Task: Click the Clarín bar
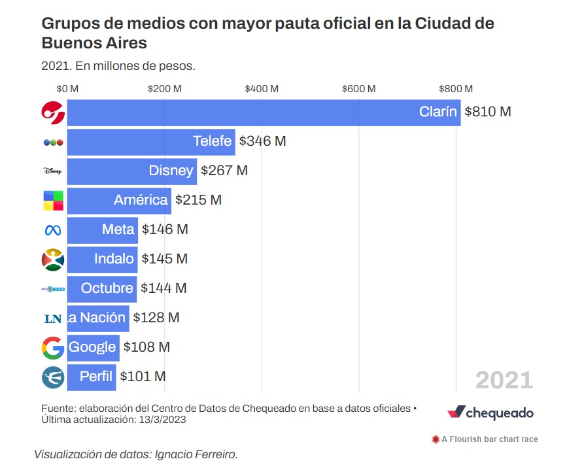pyautogui.click(x=262, y=112)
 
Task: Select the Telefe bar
pyautogui.click(x=150, y=141)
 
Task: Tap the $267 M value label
pyautogui.click(x=224, y=171)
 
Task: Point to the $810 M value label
pyautogui.click(x=487, y=112)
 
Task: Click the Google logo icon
pyautogui.click(x=52, y=347)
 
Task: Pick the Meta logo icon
pyautogui.click(x=52, y=229)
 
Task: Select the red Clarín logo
pyautogui.click(x=52, y=112)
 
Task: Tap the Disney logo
pyautogui.click(x=52, y=171)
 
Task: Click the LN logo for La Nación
pyautogui.click(x=52, y=318)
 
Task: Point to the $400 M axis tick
pyautogui.click(x=262, y=88)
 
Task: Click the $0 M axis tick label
pyautogui.click(x=67, y=88)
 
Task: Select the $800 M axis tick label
pyautogui.click(x=455, y=88)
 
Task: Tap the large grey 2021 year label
pyautogui.click(x=504, y=380)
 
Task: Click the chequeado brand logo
pyautogui.click(x=490, y=413)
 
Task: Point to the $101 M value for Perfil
pyautogui.click(x=143, y=377)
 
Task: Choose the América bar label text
pyautogui.click(x=141, y=200)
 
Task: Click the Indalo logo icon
pyautogui.click(x=52, y=260)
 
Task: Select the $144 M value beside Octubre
pyautogui.click(x=163, y=288)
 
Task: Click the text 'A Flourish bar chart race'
pyautogui.click(x=490, y=439)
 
